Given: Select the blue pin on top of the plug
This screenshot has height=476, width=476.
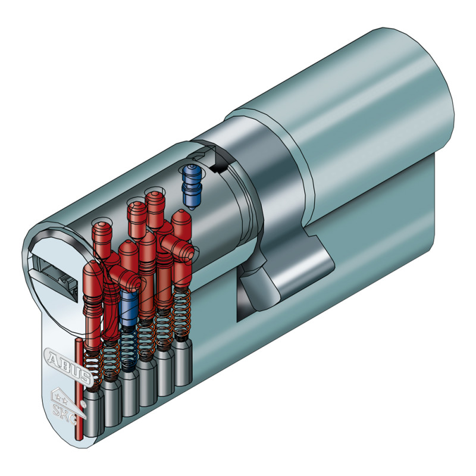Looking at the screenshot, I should coord(191,183).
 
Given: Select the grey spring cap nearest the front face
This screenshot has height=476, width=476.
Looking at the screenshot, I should coord(94,411).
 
